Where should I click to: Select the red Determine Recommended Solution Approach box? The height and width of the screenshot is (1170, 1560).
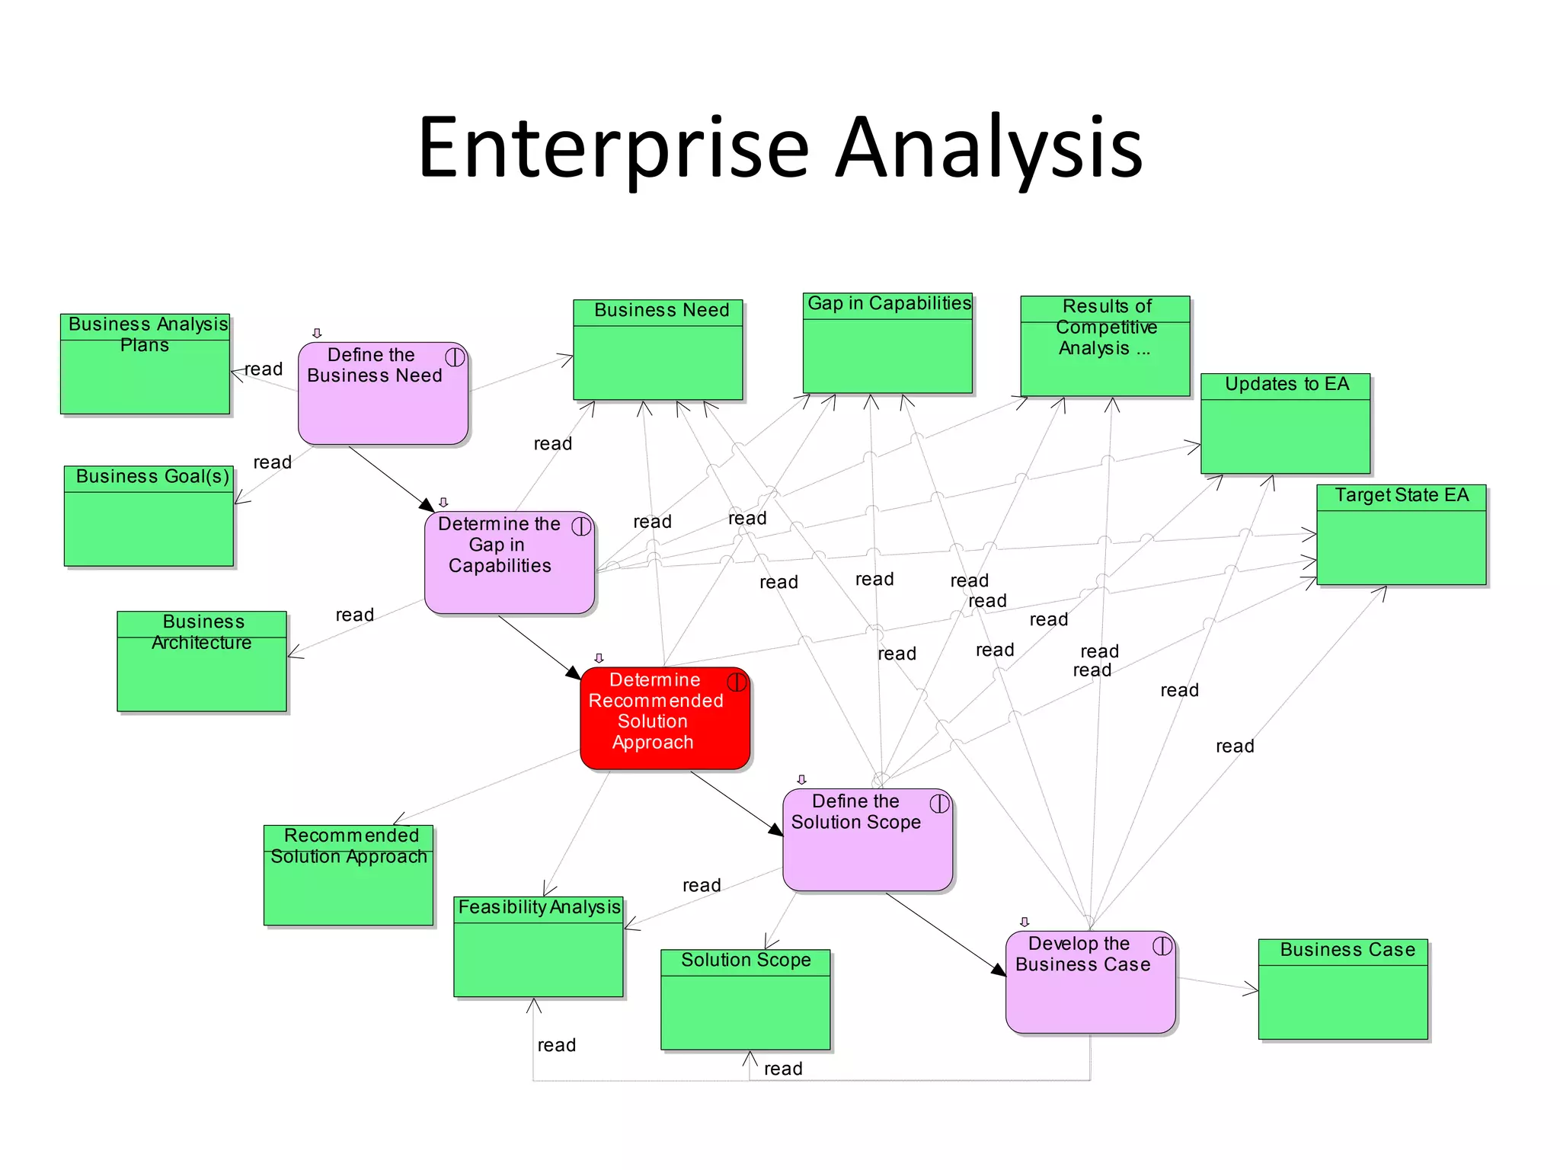point(664,718)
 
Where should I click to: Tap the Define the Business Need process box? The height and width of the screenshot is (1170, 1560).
point(382,393)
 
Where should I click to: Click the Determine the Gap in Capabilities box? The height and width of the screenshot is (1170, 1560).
point(509,562)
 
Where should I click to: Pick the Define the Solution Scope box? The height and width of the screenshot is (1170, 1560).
point(867,839)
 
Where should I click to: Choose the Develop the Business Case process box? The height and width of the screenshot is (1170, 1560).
point(1090,982)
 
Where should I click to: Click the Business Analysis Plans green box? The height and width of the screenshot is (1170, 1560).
point(145,364)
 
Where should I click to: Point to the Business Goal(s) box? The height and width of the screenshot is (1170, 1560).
point(149,516)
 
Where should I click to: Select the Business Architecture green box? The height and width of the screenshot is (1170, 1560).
point(202,661)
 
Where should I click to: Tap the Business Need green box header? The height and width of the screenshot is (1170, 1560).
point(658,311)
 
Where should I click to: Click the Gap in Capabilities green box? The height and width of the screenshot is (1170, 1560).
point(887,343)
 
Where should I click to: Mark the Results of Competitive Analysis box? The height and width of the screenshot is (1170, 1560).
point(1104,346)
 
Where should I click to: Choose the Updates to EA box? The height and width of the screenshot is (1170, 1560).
point(1285,424)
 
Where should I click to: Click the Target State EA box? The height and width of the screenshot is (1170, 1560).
point(1401,535)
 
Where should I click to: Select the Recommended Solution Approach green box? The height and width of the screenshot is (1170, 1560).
point(348,875)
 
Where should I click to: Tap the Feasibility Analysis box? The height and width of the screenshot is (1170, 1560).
point(538,946)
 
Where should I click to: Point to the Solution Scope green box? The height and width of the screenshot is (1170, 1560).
point(745,999)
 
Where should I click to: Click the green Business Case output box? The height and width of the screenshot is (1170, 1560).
point(1343,989)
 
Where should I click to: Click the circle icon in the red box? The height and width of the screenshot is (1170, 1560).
point(737,682)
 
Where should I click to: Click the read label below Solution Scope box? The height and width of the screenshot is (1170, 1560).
point(783,1069)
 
